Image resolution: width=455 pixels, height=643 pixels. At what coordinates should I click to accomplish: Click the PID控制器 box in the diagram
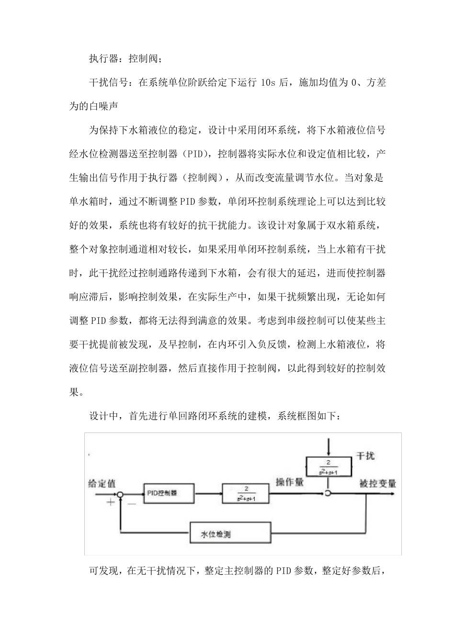click(168, 493)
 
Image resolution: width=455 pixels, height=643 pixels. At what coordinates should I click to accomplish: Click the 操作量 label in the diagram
click(290, 482)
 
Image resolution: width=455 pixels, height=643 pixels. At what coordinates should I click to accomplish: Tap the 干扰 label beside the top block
click(365, 456)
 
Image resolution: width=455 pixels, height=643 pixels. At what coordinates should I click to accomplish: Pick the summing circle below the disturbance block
click(328, 493)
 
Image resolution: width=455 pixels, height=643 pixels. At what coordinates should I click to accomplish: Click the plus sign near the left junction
click(111, 502)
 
